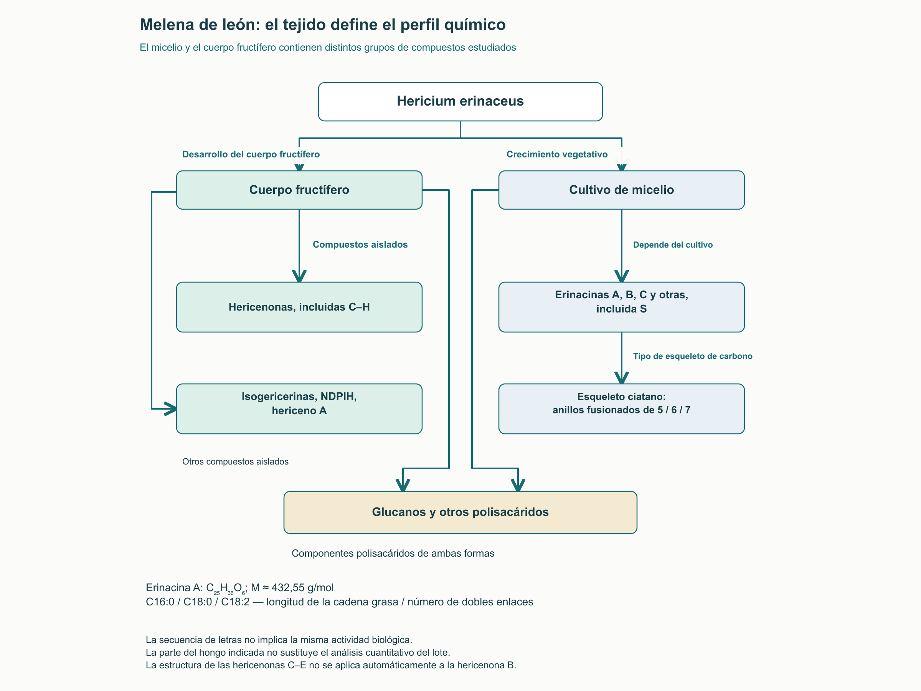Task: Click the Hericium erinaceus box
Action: click(x=460, y=102)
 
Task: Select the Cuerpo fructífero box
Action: click(x=299, y=190)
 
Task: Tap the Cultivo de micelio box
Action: click(x=621, y=190)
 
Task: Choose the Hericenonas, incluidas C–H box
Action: click(x=299, y=307)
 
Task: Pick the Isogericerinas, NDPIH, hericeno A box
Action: click(x=299, y=408)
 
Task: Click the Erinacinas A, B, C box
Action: click(x=621, y=307)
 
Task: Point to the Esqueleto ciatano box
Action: click(x=621, y=408)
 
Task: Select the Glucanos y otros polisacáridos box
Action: click(x=460, y=512)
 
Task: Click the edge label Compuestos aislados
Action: click(x=360, y=245)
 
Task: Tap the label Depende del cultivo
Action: click(x=673, y=245)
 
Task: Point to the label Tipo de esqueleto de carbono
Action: click(x=693, y=356)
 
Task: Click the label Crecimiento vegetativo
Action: click(x=557, y=155)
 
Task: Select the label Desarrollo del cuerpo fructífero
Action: click(x=251, y=155)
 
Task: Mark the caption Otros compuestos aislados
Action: click(x=235, y=461)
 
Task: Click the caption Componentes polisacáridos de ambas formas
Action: click(x=393, y=553)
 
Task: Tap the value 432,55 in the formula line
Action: click(x=288, y=588)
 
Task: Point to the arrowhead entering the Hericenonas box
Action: click(x=299, y=276)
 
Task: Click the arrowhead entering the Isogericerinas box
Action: click(x=171, y=408)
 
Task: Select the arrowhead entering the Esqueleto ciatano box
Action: click(x=621, y=378)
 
